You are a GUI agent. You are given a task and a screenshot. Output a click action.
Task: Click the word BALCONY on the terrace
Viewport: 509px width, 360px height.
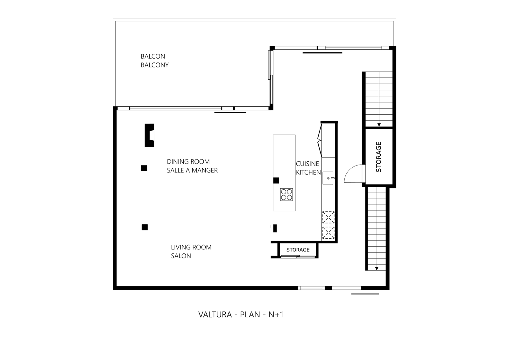coord(154,65)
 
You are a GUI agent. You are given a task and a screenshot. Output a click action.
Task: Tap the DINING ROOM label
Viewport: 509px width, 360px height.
coord(188,162)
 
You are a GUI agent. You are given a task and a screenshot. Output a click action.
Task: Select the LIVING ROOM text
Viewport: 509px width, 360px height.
coord(191,247)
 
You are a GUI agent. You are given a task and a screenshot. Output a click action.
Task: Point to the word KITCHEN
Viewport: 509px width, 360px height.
coord(308,173)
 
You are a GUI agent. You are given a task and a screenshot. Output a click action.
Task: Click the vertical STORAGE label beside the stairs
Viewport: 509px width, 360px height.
coord(378,157)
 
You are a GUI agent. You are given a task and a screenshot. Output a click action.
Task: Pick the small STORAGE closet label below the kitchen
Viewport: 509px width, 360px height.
coord(298,250)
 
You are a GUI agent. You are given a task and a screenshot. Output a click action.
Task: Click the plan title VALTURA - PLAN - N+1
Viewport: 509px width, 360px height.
coord(241,314)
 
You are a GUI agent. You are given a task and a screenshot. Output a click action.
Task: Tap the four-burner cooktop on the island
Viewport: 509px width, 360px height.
coord(286,194)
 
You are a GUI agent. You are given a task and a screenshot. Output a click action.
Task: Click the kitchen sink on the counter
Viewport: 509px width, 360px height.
coord(328,178)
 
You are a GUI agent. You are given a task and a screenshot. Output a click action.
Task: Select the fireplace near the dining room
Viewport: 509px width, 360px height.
coord(149,135)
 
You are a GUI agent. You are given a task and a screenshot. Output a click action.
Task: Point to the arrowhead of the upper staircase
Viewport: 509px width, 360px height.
coord(379,125)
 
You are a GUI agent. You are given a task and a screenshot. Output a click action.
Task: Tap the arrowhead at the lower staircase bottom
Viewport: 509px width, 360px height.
coord(377,268)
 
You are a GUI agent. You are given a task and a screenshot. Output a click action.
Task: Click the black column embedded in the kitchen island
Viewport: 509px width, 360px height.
coord(276,180)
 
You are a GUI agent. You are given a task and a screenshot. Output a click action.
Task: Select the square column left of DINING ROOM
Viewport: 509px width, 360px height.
coord(144,168)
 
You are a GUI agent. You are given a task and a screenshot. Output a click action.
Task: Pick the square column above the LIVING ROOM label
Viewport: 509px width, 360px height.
coord(145,227)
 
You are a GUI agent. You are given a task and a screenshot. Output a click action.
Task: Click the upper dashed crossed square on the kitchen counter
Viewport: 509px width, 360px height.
coord(328,217)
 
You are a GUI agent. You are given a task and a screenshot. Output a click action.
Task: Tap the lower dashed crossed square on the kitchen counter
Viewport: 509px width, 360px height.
coord(328,233)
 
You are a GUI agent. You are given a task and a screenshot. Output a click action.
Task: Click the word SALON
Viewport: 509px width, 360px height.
coord(181,256)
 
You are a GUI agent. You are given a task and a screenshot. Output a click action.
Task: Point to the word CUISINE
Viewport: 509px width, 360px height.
coord(308,164)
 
